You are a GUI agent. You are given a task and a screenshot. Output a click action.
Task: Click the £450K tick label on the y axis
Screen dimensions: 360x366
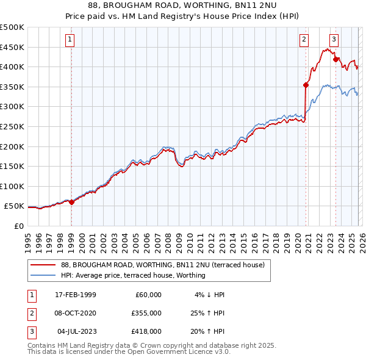[x=12, y=47]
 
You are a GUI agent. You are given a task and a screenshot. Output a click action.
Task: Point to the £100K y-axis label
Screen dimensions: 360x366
[x=12, y=186]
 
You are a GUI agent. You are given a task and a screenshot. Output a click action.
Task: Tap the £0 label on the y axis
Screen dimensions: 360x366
[x=18, y=226]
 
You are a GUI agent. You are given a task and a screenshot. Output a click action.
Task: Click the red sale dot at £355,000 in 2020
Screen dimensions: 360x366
[x=306, y=85]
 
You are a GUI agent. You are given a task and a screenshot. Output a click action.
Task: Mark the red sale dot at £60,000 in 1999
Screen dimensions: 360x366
[x=71, y=202]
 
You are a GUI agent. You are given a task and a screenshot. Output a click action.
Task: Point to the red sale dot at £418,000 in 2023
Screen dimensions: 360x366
[x=335, y=59]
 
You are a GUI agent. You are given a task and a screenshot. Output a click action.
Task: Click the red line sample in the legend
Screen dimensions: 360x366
[x=43, y=265]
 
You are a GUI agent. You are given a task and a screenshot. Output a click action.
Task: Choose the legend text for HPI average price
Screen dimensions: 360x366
[x=133, y=275]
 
